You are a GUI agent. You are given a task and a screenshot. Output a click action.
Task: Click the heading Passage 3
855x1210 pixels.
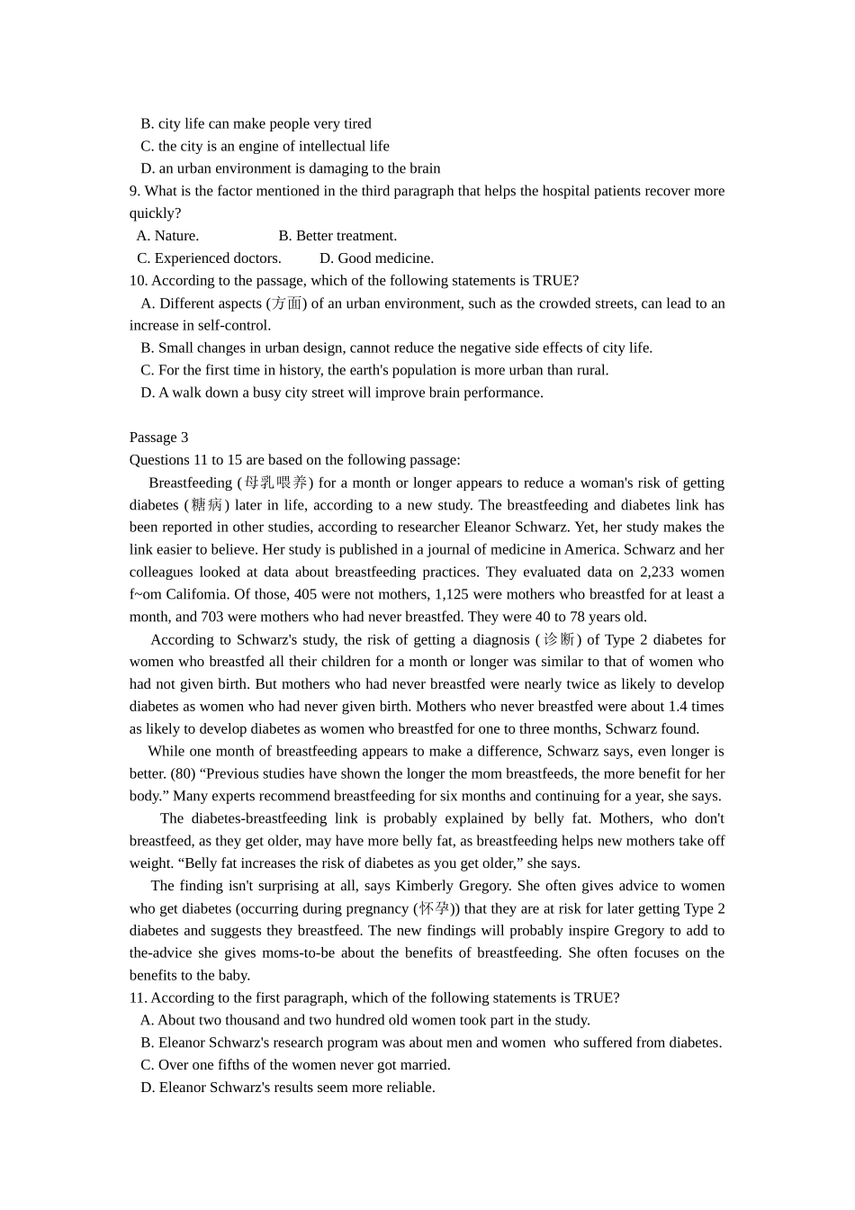(x=158, y=438)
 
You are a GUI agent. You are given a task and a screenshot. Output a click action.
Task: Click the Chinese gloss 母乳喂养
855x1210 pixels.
(x=275, y=483)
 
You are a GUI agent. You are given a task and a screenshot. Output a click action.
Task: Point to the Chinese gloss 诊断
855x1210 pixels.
(x=558, y=639)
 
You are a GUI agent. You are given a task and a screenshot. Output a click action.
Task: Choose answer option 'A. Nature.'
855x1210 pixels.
(x=167, y=236)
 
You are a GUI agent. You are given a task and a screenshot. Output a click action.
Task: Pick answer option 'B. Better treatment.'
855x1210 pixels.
(x=337, y=236)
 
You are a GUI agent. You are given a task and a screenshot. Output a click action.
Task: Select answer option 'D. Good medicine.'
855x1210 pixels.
(x=376, y=258)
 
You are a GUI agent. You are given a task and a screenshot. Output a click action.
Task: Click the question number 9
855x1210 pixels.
(x=135, y=191)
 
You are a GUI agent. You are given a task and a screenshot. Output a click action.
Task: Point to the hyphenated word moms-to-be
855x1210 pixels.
(x=274, y=953)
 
